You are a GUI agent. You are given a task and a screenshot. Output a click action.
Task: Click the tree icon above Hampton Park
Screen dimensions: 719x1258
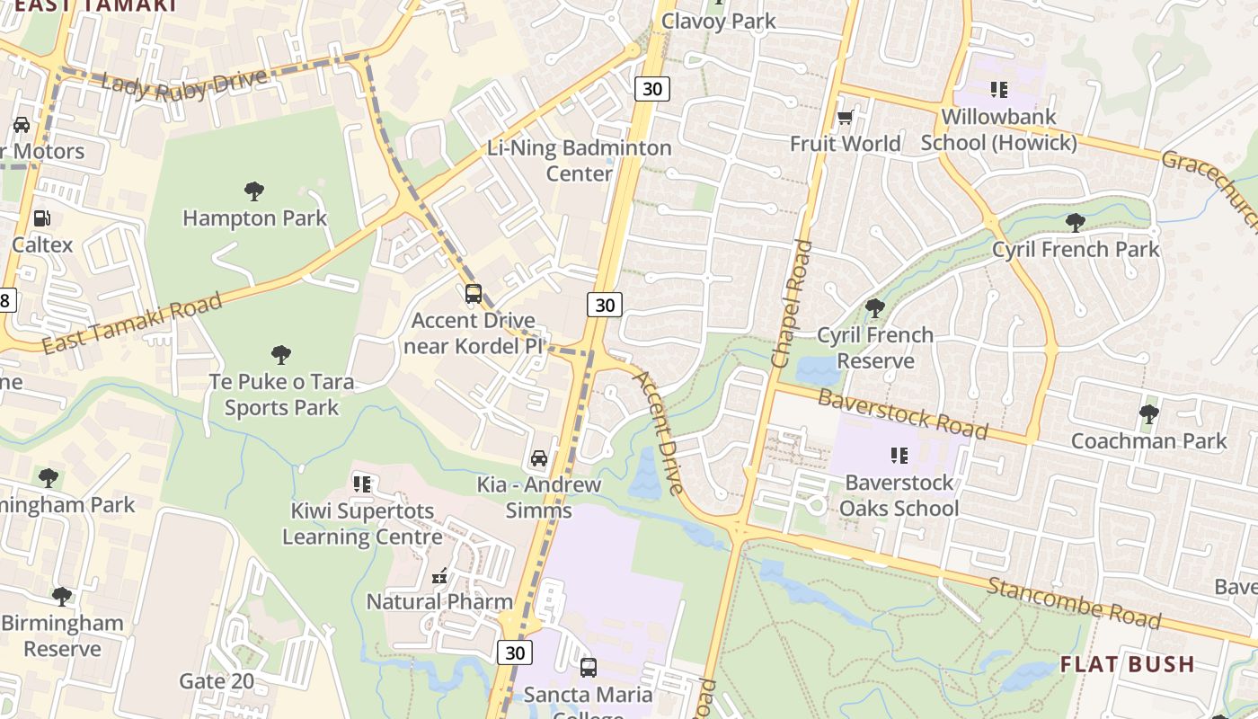tap(254, 191)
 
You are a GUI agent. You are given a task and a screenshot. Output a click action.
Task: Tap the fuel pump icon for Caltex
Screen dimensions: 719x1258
tap(41, 217)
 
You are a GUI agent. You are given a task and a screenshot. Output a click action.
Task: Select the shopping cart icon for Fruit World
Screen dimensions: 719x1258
tap(845, 117)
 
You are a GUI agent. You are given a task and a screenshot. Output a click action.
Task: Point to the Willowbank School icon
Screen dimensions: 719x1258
tap(998, 89)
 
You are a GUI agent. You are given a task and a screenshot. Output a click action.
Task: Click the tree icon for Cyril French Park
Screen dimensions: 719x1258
tap(1075, 222)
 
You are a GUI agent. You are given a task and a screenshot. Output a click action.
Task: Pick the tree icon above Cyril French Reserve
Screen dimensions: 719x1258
tap(874, 308)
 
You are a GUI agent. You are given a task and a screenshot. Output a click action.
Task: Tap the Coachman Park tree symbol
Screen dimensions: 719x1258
tap(1148, 414)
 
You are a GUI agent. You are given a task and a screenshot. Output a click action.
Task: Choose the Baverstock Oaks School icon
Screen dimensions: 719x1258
tap(898, 456)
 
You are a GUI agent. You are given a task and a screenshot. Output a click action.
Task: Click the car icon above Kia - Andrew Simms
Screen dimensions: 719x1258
tap(539, 458)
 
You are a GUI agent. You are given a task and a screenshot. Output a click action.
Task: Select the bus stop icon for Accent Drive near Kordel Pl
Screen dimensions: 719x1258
tap(473, 293)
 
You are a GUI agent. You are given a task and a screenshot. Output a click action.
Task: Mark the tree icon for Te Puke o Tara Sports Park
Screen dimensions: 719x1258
tap(281, 355)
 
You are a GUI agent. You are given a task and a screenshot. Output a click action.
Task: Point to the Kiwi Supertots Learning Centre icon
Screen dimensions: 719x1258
tap(362, 484)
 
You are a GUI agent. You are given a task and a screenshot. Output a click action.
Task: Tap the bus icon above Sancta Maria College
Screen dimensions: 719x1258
tap(589, 668)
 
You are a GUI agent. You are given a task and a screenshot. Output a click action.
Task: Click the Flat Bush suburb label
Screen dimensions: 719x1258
tap(1127, 664)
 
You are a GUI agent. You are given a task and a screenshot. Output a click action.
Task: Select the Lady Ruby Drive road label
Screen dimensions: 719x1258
tap(184, 83)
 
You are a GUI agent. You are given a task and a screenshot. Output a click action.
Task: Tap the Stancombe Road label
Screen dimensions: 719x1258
tap(1074, 603)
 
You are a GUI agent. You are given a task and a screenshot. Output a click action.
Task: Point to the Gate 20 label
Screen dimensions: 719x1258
tap(217, 681)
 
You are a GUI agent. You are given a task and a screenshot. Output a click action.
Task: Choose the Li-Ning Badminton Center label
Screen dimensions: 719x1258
tap(580, 160)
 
